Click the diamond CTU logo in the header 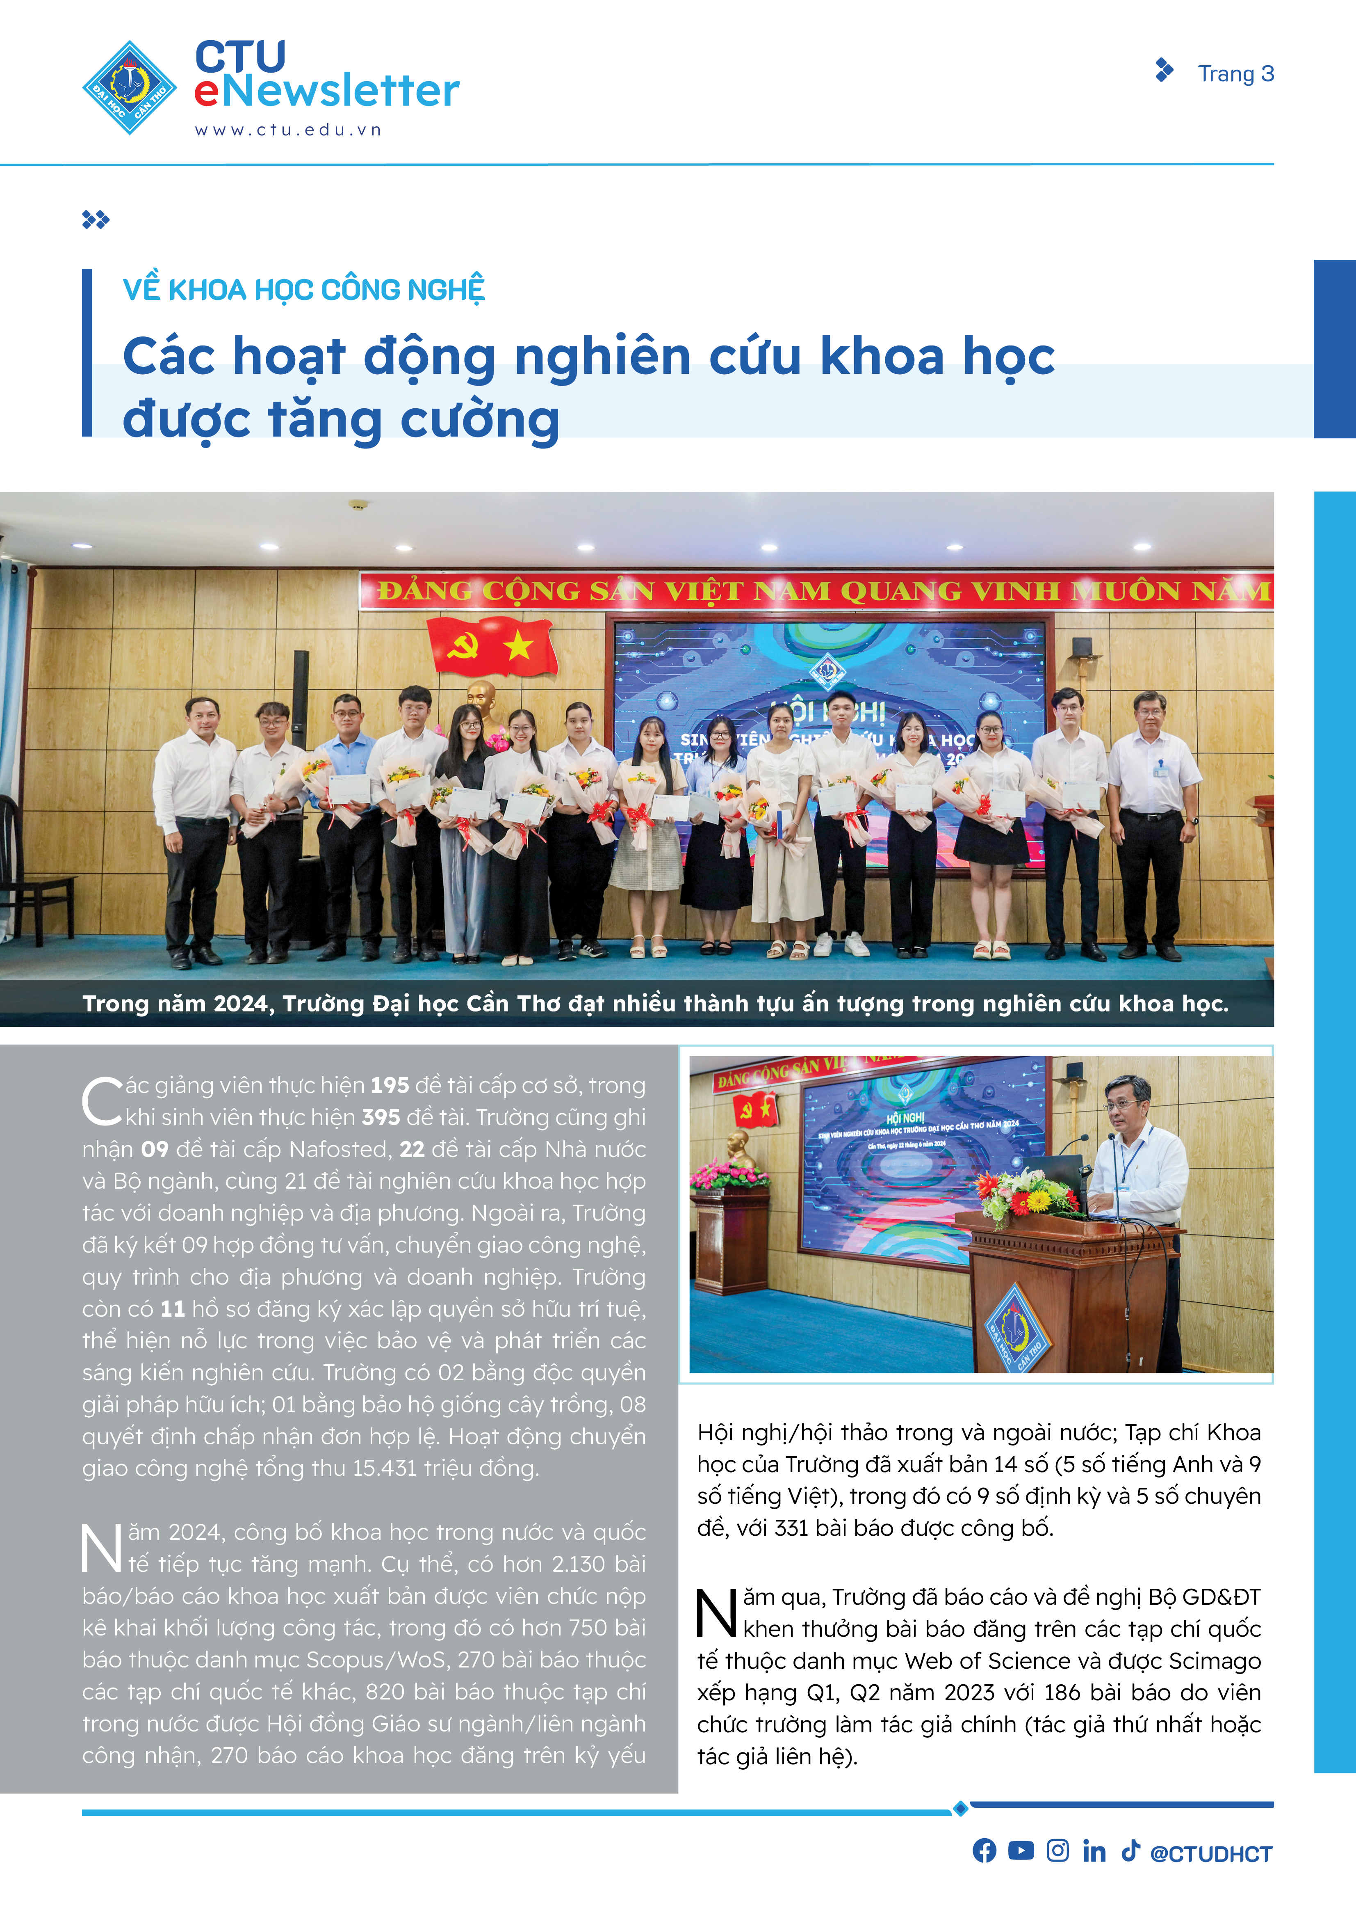tap(130, 88)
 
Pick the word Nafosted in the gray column tap(339, 1149)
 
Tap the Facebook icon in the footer tap(984, 1850)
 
